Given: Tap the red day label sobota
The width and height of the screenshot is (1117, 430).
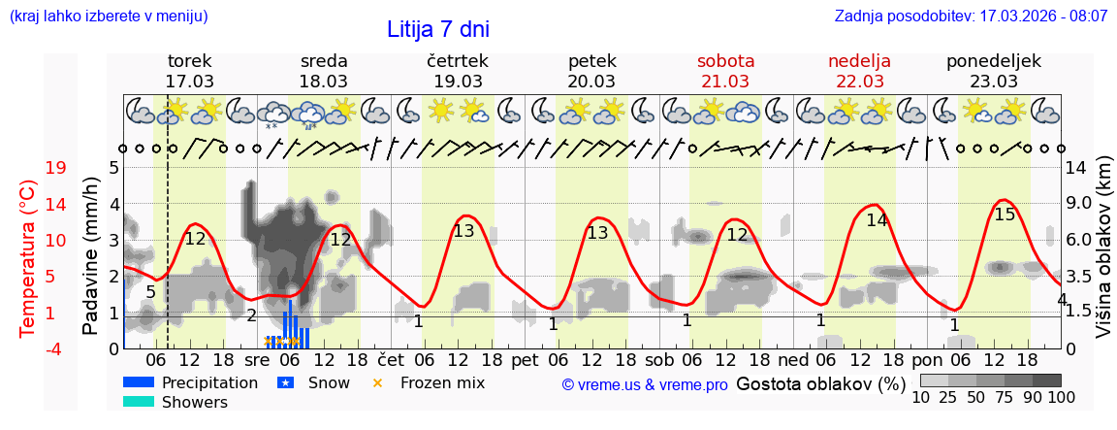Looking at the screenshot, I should [725, 61].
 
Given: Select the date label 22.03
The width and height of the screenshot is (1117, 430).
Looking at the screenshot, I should [859, 82].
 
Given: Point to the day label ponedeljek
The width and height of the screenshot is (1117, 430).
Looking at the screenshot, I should [993, 61].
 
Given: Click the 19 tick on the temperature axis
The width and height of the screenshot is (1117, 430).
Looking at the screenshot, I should [56, 168].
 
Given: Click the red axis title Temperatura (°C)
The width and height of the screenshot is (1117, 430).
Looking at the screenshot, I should [28, 257].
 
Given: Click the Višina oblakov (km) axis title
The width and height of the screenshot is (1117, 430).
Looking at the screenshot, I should [1102, 257].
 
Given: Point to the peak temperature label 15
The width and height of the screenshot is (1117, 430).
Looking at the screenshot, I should [1005, 215].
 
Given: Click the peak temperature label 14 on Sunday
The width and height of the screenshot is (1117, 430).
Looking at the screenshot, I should [877, 220].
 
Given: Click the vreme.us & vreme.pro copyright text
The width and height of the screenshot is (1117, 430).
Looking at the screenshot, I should [645, 384].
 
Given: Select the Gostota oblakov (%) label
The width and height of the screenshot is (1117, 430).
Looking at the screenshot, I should [820, 383].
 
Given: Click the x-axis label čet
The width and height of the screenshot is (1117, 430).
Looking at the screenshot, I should [391, 358].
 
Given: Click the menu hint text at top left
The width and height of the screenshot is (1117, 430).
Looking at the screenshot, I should [108, 17].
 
